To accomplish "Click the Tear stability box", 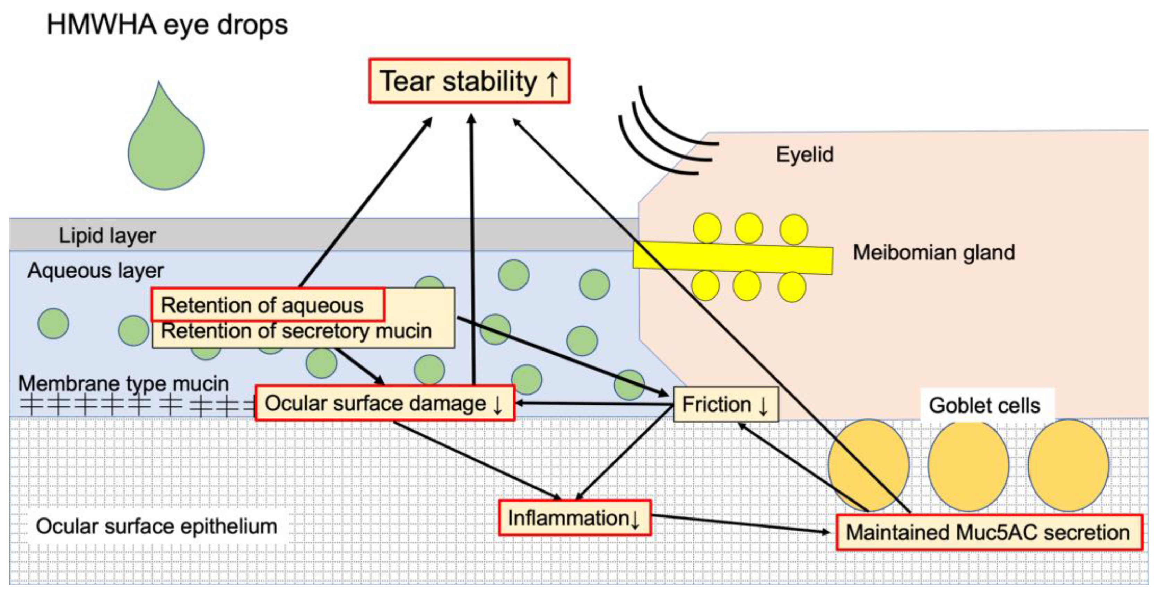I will [469, 81].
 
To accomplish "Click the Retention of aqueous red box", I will [268, 305].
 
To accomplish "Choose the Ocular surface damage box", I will [385, 403].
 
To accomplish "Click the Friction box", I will [725, 405].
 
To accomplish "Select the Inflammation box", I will [574, 519].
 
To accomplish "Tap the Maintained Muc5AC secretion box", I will [988, 532].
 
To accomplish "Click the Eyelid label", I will [805, 155].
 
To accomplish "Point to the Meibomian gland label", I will [933, 253].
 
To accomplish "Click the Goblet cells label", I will [984, 406].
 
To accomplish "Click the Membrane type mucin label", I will [123, 383].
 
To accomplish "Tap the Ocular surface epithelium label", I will [156, 526].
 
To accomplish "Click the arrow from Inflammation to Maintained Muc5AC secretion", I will [740, 524].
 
